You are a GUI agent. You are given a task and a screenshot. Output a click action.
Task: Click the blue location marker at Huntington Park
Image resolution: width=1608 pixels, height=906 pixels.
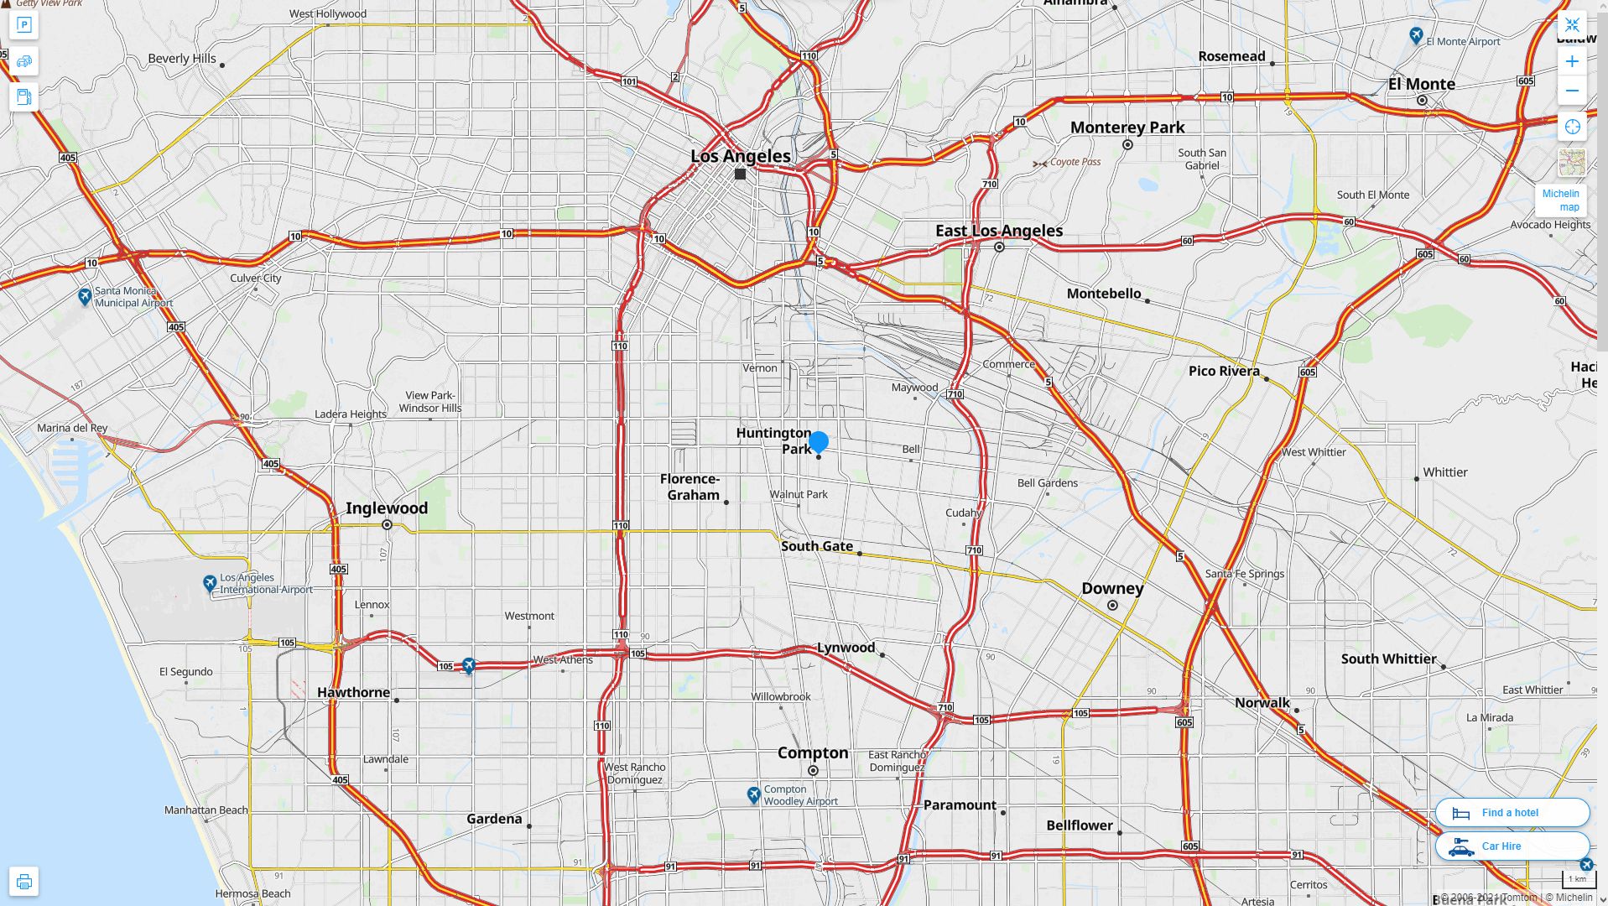(819, 441)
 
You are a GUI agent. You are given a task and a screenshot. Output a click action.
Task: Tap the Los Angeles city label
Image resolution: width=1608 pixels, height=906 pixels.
(740, 156)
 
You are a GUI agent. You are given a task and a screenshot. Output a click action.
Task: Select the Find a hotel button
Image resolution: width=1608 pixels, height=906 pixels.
(1512, 812)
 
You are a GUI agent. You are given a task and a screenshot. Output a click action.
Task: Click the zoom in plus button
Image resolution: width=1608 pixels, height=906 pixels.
(1572, 61)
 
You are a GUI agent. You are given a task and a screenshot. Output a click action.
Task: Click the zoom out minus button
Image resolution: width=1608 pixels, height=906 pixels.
(1572, 91)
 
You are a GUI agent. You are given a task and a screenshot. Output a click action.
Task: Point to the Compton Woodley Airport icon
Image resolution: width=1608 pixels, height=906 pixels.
(753, 794)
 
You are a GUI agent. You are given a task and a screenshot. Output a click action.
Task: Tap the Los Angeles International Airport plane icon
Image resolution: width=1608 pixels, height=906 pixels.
(210, 583)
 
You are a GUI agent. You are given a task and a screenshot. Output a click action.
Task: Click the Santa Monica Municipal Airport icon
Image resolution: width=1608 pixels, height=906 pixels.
(85, 296)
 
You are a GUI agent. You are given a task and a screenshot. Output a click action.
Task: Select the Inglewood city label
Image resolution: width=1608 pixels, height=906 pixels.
(387, 508)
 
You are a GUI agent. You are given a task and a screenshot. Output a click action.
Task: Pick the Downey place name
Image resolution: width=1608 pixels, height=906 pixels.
(1112, 588)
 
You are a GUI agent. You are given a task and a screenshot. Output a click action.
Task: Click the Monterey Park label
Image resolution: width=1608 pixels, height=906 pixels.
(1127, 128)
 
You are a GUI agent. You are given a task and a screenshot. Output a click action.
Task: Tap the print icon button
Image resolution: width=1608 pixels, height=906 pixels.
(23, 881)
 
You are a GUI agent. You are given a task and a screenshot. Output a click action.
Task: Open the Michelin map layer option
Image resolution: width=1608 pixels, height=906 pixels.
(1562, 200)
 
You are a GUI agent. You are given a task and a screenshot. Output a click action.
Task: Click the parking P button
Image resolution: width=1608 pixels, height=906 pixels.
(23, 25)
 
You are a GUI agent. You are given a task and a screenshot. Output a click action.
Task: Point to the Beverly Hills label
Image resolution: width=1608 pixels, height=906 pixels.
(182, 59)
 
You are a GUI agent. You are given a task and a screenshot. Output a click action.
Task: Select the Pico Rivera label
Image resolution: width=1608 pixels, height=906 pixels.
(1224, 371)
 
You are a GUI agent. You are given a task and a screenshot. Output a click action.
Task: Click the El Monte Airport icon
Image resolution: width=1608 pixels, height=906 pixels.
(1416, 35)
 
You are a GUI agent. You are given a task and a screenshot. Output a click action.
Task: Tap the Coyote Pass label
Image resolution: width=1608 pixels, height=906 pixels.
(1075, 162)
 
